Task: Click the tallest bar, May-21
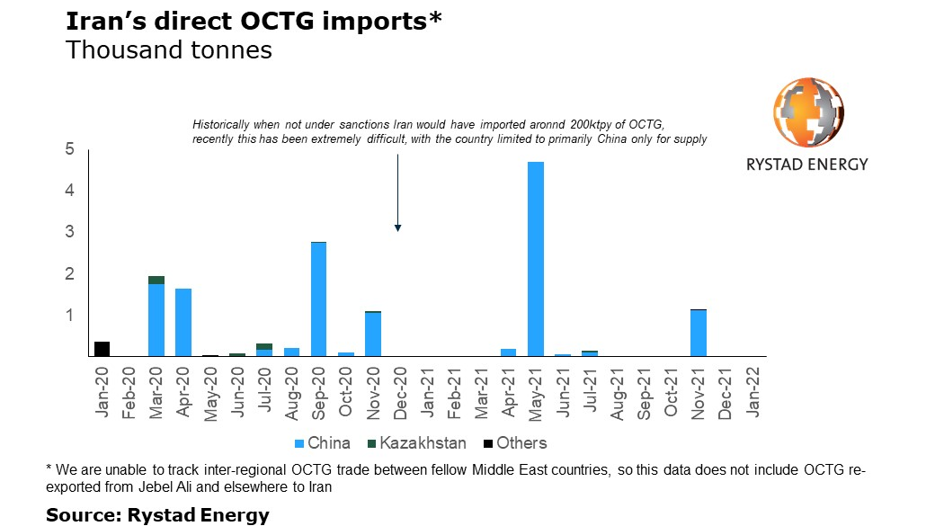535,259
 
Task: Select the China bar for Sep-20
318,299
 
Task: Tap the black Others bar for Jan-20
102,349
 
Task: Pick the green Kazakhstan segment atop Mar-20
156,280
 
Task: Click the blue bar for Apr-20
183,322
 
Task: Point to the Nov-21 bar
698,333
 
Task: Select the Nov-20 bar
372,334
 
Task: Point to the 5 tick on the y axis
69,149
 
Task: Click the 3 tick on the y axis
69,232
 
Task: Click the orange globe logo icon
809,112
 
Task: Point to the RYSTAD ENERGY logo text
807,165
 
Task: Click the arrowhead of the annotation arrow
397,228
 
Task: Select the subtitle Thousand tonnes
169,50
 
